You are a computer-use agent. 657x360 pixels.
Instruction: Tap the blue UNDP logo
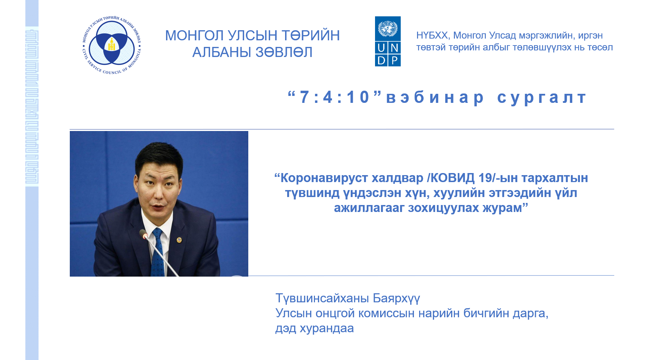(388, 41)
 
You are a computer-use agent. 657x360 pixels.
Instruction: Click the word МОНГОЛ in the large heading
(194, 35)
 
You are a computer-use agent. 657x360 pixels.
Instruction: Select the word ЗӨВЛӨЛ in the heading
(284, 52)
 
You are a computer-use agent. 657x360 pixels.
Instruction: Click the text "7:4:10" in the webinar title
(335, 97)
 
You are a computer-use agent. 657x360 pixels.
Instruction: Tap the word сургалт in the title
(542, 98)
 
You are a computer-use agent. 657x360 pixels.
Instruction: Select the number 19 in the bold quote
(485, 178)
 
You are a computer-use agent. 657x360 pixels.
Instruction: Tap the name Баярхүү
(396, 298)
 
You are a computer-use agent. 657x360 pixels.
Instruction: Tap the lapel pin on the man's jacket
(179, 240)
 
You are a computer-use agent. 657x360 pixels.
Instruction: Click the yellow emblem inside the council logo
(111, 45)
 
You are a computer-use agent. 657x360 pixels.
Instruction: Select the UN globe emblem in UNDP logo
(388, 28)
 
